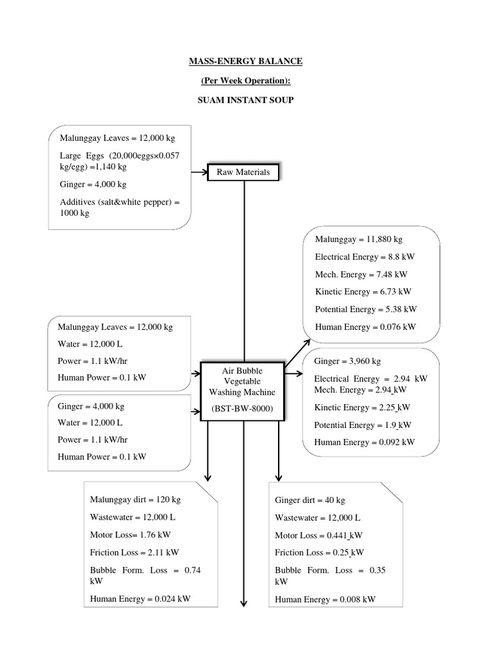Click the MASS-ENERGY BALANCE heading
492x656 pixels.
point(245,61)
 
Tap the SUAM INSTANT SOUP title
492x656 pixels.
point(245,101)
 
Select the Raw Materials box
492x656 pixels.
point(243,172)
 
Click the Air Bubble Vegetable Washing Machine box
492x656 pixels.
point(242,391)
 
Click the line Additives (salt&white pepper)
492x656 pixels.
point(120,202)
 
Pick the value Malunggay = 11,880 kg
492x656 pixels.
point(358,240)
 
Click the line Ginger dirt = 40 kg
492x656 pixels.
point(310,500)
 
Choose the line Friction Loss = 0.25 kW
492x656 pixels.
point(319,552)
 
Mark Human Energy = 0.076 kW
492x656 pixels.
point(365,327)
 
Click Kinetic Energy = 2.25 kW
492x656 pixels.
point(362,407)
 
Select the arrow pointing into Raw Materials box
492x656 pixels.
point(200,172)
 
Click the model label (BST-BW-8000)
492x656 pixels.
point(242,409)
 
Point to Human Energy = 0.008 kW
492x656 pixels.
point(325,600)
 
